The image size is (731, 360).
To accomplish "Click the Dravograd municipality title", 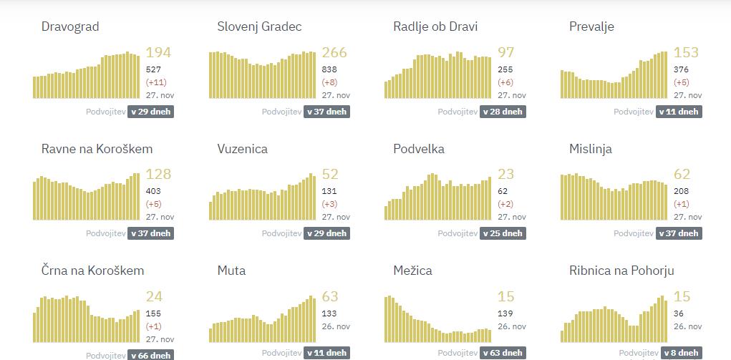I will click(x=70, y=27).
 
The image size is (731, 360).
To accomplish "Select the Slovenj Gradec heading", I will click(x=259, y=27).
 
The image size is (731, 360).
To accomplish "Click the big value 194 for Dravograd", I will click(x=158, y=52).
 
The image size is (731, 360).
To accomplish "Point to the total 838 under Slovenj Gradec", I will click(x=329, y=69).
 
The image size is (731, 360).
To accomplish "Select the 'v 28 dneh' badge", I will click(x=503, y=112).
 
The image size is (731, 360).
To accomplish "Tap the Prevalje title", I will click(x=591, y=27).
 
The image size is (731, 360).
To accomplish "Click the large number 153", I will click(x=686, y=52).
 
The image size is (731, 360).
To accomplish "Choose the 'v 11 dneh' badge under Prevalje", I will click(x=679, y=112).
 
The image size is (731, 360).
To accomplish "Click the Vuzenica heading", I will click(x=243, y=149).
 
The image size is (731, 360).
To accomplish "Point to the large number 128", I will click(x=158, y=175).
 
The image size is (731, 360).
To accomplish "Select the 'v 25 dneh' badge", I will click(x=503, y=233).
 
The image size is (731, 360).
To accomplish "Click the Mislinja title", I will click(x=591, y=149).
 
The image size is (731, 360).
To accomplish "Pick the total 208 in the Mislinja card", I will click(x=682, y=191).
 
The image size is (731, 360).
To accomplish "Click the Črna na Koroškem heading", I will click(x=93, y=271).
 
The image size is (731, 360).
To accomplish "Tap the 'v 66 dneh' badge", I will click(x=150, y=355).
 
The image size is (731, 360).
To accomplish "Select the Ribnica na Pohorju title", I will click(x=621, y=271).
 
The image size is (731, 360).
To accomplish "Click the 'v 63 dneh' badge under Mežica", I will click(x=503, y=353).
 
